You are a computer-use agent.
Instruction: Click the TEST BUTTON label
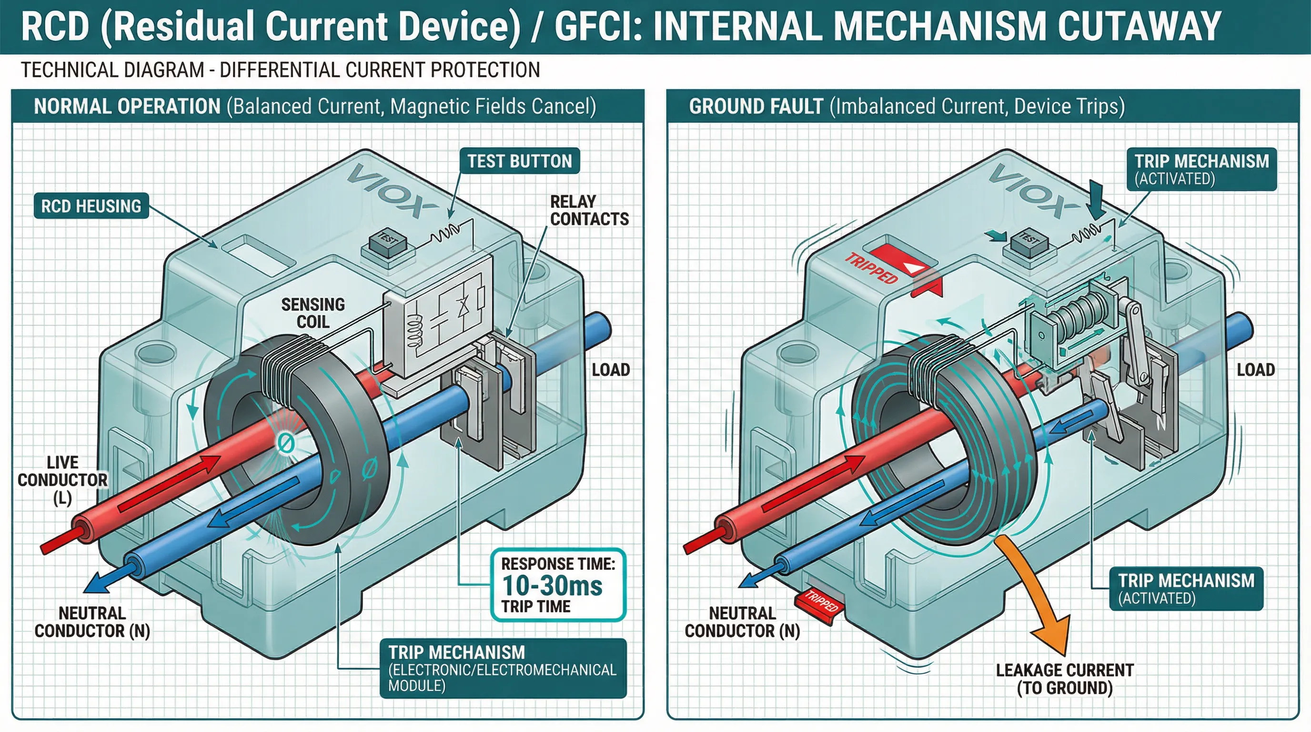519,161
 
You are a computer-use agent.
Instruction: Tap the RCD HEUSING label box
91,206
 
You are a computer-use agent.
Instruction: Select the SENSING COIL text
313,313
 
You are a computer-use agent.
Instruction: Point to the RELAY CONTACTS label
589,210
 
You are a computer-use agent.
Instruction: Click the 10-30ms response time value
552,585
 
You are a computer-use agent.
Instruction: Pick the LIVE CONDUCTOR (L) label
62,479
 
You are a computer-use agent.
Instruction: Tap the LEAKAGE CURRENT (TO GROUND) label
1065,679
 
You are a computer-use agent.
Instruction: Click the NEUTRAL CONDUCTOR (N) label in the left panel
92,621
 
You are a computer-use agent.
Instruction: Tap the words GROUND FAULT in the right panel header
756,106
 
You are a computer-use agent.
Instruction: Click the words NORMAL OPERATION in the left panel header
127,106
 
